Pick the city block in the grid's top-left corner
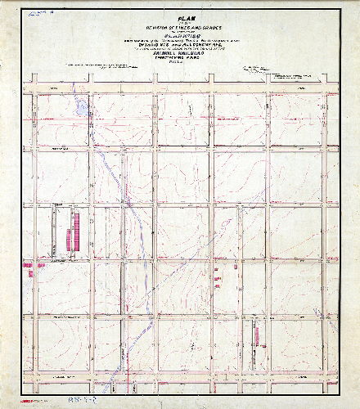click(62, 115)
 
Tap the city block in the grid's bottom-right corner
click(298, 348)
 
